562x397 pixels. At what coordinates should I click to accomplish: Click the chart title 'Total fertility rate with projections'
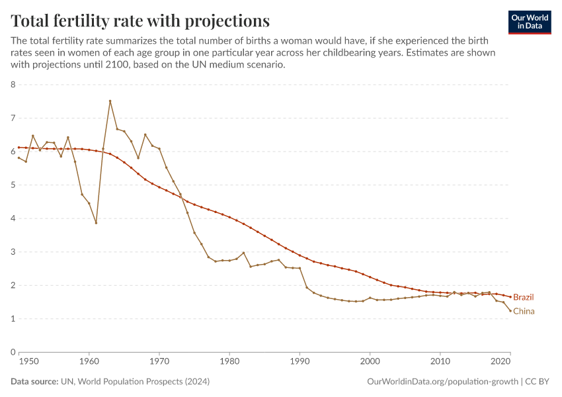click(x=140, y=20)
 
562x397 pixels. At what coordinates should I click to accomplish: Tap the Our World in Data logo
click(x=529, y=22)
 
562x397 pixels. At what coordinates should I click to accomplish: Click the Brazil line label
click(x=523, y=298)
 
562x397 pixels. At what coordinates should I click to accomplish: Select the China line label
click(x=523, y=312)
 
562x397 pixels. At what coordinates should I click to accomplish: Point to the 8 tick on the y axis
click(x=13, y=85)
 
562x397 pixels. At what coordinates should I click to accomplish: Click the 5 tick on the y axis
click(x=13, y=185)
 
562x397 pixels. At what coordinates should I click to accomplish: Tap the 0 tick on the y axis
click(x=13, y=353)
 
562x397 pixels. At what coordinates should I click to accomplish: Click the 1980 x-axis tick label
click(x=229, y=362)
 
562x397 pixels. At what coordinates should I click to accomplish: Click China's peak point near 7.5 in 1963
click(x=110, y=101)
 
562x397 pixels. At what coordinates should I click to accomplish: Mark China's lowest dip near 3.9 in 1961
click(x=96, y=223)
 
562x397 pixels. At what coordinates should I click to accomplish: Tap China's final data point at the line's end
click(x=510, y=311)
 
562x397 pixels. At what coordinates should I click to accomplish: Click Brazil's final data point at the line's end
click(x=510, y=297)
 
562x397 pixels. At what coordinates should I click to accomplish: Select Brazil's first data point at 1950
click(x=19, y=148)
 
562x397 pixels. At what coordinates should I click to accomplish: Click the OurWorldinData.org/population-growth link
click(x=442, y=382)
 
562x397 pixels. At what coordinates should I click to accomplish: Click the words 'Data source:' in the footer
click(x=34, y=382)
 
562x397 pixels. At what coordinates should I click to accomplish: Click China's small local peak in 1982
click(x=243, y=253)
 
